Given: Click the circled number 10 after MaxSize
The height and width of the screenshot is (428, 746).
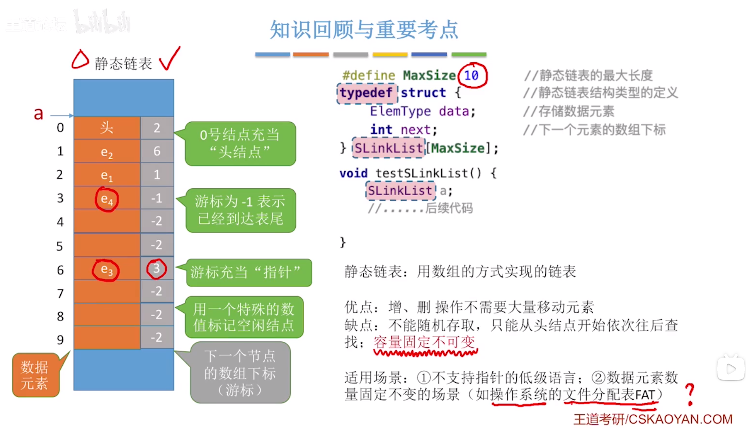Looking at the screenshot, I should tap(471, 75).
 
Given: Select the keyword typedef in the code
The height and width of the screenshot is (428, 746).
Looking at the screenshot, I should tap(366, 93).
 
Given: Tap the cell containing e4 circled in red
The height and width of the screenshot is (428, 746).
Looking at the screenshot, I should tap(107, 199).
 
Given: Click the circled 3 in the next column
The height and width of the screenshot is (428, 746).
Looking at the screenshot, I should tap(157, 268).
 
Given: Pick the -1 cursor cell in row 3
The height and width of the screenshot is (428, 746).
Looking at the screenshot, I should tap(157, 198).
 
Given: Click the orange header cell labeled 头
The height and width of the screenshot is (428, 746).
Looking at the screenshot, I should tap(107, 128).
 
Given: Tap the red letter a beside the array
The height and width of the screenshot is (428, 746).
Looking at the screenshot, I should tap(38, 114).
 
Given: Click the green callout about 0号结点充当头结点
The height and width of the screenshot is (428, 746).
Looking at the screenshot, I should tap(240, 143).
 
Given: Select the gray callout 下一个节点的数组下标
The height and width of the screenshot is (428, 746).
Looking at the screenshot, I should tap(240, 373).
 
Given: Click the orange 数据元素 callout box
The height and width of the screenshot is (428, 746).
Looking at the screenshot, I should tap(35, 375).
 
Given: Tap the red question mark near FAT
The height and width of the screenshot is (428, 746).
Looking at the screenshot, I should tap(690, 394).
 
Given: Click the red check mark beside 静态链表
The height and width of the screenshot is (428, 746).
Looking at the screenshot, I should tap(170, 59).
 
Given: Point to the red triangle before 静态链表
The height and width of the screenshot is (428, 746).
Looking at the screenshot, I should tap(80, 60).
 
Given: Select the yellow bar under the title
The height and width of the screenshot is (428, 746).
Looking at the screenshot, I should tap(390, 54).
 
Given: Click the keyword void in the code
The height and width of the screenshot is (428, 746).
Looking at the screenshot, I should tap(353, 173).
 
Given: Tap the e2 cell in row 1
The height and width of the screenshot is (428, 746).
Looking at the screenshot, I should tap(107, 152).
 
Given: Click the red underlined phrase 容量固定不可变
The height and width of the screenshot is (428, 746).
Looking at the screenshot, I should tap(424, 342).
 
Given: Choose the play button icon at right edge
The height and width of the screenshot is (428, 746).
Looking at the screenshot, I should tap(731, 368).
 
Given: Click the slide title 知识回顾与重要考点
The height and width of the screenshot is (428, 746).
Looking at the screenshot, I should tap(364, 30).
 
